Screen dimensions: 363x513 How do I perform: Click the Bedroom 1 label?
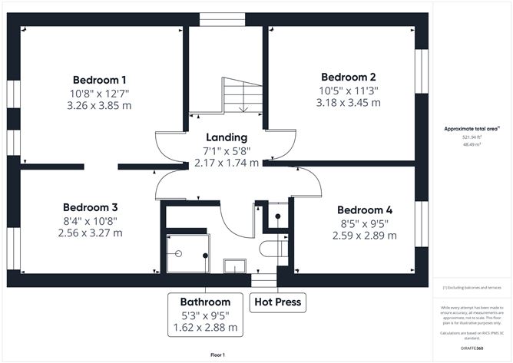click(99, 80)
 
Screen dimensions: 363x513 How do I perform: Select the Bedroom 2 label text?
click(348, 77)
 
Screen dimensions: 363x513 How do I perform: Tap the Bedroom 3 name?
click(90, 207)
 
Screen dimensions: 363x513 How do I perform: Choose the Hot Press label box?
click(278, 302)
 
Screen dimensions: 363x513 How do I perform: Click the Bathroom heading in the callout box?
click(205, 302)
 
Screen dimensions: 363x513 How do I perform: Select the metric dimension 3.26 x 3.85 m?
click(99, 106)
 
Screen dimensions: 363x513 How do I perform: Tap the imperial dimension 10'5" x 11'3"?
click(348, 90)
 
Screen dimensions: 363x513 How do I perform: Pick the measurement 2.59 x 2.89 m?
click(364, 236)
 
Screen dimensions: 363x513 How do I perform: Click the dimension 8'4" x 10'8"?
click(90, 220)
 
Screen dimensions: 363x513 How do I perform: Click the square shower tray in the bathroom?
click(189, 254)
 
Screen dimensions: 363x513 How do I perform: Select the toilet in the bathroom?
click(272, 249)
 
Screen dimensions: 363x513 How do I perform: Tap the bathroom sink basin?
click(234, 266)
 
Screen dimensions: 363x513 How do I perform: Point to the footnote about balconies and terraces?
click(472, 287)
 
